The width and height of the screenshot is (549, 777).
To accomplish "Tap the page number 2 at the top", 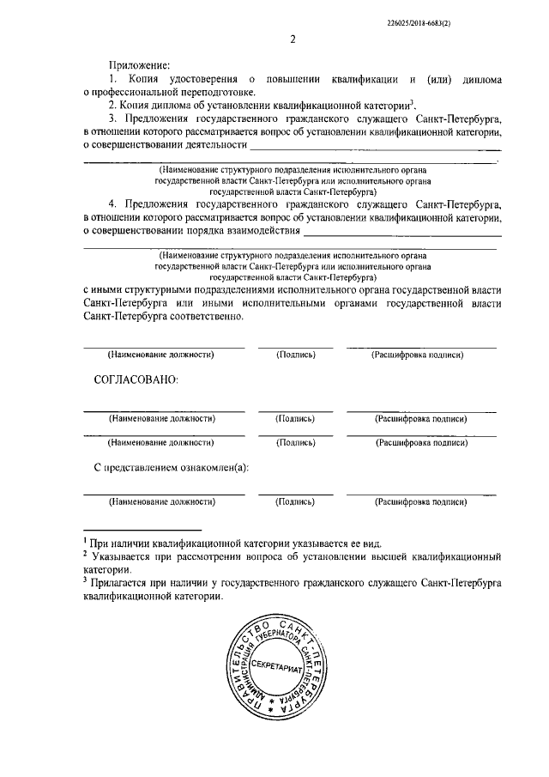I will (x=292, y=39).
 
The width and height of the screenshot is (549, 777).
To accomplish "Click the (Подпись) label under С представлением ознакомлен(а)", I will (x=294, y=501).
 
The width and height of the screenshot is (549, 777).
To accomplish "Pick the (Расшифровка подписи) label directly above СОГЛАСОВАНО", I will (x=420, y=354).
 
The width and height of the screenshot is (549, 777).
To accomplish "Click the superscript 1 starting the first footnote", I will (x=85, y=541).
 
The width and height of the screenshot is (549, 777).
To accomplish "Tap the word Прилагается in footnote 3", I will (x=123, y=583).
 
